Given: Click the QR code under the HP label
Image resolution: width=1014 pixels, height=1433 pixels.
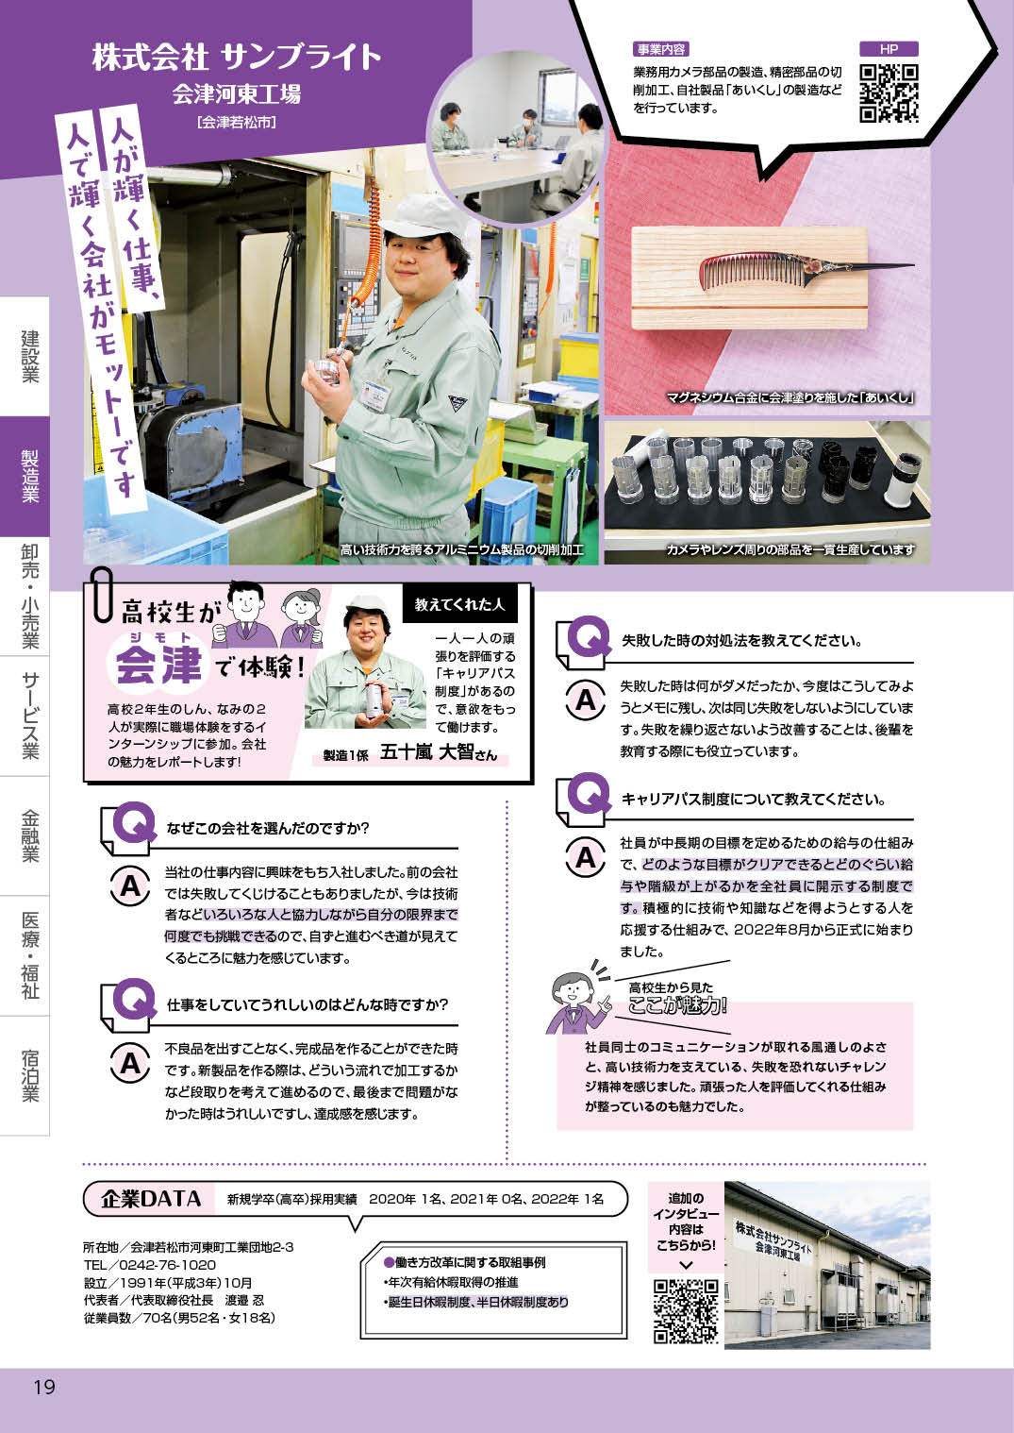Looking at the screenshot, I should pos(889,93).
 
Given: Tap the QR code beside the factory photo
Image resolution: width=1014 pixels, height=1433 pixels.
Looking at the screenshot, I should pos(686,1310).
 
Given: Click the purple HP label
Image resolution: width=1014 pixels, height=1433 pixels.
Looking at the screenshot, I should pos(889,49).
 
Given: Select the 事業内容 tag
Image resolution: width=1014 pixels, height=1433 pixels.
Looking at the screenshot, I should pos(660,49).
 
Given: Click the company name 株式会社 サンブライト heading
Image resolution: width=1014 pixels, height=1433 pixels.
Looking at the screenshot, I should pos(237,58).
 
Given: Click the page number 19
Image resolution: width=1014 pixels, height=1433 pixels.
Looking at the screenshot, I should pos(44,1387).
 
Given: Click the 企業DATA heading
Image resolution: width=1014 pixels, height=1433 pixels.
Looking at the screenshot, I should pos(151,1199).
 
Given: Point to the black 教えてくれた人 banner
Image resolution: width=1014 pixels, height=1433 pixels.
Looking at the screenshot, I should pos(459,604).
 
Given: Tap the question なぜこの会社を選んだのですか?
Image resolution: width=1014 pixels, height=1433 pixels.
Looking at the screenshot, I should pos(268,828).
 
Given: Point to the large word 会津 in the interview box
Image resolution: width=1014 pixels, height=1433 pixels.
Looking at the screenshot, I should pos(158,662).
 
